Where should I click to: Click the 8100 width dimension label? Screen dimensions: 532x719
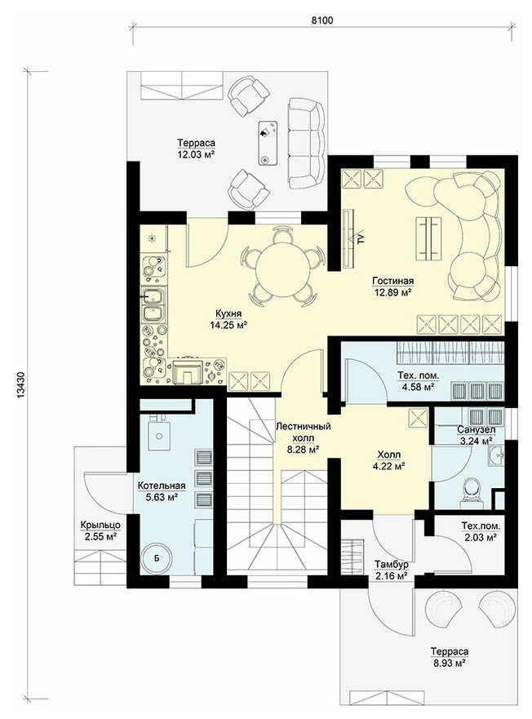(x=322, y=20)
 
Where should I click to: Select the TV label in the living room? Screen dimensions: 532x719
(x=361, y=238)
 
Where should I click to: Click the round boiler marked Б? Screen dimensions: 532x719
(x=157, y=557)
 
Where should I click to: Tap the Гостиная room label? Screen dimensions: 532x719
(x=393, y=281)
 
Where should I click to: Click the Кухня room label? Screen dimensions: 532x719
(x=228, y=313)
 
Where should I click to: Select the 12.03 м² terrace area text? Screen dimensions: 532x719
(x=197, y=154)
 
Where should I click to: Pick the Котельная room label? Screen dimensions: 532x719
(x=162, y=486)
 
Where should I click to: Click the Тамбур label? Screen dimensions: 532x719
(x=391, y=564)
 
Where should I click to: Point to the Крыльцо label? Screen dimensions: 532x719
(x=100, y=525)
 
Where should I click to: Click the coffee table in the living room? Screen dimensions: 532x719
(x=429, y=239)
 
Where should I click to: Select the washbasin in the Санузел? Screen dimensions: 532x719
(x=497, y=455)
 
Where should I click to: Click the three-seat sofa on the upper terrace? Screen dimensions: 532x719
(x=306, y=144)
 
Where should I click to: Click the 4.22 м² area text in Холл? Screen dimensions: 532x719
(x=389, y=467)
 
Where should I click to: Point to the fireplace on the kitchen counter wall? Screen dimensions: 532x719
(x=187, y=371)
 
